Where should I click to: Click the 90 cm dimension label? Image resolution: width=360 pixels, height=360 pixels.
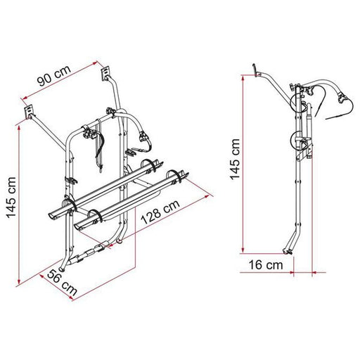[54, 75]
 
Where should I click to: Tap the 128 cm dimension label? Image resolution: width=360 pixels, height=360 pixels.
[160, 212]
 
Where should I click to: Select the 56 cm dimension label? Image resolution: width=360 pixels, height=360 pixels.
[63, 282]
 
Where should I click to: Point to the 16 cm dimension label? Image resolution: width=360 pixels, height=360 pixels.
[266, 265]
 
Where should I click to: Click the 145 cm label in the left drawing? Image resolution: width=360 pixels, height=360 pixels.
[11, 198]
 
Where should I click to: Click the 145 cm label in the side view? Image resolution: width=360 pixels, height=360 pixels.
[235, 159]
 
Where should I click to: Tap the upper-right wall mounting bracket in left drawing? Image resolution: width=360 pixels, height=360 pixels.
[105, 73]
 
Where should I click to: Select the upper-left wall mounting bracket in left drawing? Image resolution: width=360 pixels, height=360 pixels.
[29, 112]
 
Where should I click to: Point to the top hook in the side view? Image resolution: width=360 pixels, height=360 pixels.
[255, 70]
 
